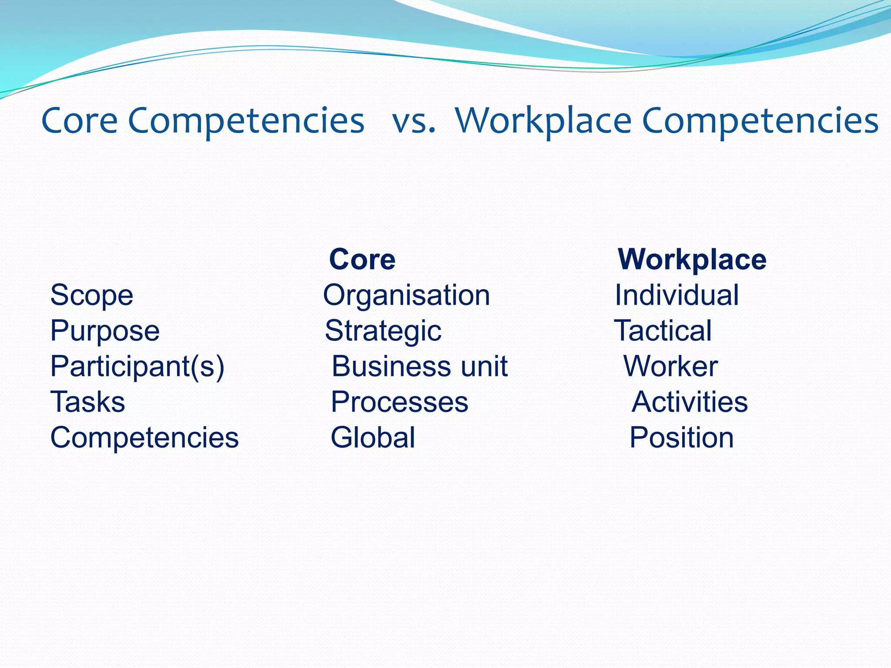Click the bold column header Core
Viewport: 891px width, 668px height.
(362, 260)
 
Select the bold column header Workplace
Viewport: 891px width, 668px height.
(692, 260)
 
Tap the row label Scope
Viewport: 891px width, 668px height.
(92, 295)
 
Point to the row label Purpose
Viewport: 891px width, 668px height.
(105, 331)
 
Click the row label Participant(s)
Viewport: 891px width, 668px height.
(137, 367)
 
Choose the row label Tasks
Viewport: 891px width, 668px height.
(88, 402)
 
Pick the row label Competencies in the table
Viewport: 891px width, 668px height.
(144, 438)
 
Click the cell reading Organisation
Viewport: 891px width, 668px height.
(406, 295)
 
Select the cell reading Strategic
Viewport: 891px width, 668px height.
(383, 331)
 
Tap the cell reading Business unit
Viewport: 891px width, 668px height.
(419, 367)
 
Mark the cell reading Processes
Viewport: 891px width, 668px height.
(399, 402)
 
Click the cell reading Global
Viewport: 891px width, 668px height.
(373, 438)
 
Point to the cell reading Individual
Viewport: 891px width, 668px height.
(677, 295)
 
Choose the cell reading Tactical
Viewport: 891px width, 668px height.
(663, 331)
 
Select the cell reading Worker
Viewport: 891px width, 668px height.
(670, 367)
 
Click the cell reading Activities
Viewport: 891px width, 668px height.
(690, 402)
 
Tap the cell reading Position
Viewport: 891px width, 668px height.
(682, 438)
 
